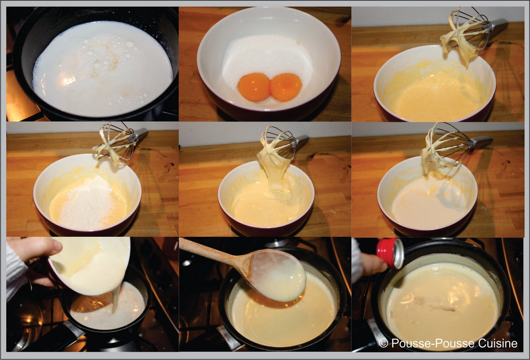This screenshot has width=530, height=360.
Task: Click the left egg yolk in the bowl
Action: click(x=254, y=87)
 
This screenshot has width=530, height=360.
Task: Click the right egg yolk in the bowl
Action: click(x=286, y=87)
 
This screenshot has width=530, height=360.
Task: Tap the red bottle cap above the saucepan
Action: click(x=390, y=253)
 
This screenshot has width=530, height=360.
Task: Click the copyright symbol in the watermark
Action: click(x=384, y=343)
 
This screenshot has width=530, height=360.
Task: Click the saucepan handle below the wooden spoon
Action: click(x=229, y=338)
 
